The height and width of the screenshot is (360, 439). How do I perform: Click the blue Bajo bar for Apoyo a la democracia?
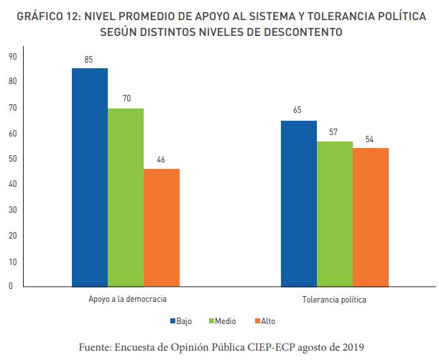pos(90,177)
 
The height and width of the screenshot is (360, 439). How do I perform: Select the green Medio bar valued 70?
pos(126,197)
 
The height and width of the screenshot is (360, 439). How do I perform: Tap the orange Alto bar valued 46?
pos(162,227)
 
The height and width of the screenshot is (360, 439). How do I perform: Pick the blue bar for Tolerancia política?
pos(299,203)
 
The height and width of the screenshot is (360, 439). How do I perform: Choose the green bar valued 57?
pos(335,213)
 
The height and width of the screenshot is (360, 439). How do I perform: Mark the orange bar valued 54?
pos(371,217)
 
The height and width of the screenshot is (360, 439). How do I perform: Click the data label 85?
pos(90,60)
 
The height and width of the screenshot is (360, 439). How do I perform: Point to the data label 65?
pos(297,111)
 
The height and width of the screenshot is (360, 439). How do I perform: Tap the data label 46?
pos(161,160)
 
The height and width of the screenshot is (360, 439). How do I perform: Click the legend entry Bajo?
pos(183,320)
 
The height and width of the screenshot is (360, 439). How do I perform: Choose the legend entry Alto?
pos(265,320)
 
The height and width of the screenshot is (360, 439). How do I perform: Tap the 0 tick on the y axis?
pos(11,286)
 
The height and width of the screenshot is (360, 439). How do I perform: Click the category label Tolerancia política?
pos(335,298)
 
